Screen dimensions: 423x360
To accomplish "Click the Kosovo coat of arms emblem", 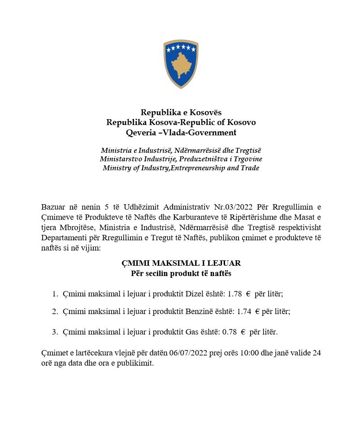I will (x=181, y=64).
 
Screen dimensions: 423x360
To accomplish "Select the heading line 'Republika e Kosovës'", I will (x=181, y=112).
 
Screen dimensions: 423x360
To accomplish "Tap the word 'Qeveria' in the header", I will (x=141, y=132).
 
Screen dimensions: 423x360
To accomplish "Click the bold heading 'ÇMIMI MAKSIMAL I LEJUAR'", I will (x=181, y=263).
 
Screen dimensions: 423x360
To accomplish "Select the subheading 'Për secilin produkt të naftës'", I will (x=181, y=273).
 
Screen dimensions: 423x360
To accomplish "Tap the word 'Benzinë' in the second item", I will (x=198, y=311).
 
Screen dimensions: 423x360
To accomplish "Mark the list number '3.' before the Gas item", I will (x=56, y=332).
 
